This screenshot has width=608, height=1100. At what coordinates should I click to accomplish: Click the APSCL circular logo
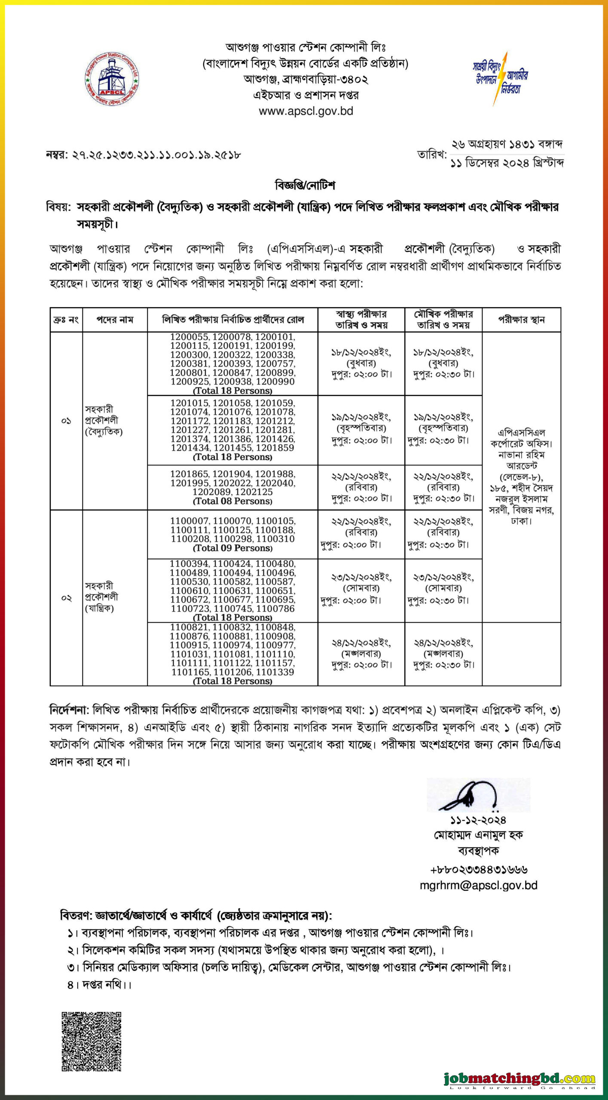112,79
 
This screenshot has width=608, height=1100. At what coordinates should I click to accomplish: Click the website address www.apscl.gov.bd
306,111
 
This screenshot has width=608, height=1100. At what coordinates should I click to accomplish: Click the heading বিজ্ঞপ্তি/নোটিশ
305,186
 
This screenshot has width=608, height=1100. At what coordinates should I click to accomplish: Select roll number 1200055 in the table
189,337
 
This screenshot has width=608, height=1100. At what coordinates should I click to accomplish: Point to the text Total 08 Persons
232,501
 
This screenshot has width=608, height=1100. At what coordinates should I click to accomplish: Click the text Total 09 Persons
232,548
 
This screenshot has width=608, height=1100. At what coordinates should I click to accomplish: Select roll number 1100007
189,521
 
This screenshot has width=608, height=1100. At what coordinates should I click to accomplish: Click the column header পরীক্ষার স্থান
521,320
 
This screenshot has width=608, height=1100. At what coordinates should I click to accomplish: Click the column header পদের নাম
115,320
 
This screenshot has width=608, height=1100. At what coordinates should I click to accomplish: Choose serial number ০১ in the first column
66,421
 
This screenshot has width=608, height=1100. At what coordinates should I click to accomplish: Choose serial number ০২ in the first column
66,598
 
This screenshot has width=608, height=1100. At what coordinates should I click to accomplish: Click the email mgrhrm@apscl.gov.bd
478,885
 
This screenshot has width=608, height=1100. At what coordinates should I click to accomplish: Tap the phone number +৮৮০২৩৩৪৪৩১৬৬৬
478,870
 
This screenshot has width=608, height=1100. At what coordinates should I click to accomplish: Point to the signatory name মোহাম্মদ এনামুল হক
478,835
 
